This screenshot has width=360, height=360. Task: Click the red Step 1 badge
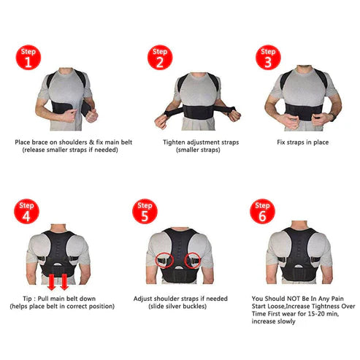pyautogui.click(x=28, y=58)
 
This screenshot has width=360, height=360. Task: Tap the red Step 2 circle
pyautogui.click(x=160, y=58)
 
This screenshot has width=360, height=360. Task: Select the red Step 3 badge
pyautogui.click(x=268, y=58)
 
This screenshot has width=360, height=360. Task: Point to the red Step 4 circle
pyautogui.click(x=26, y=211)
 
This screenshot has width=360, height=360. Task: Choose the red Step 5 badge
pyautogui.click(x=145, y=211)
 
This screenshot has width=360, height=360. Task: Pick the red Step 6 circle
pyautogui.click(x=262, y=211)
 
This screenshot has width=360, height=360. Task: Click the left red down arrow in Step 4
pyautogui.click(x=51, y=282)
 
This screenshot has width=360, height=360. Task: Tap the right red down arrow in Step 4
pyautogui.click(x=64, y=282)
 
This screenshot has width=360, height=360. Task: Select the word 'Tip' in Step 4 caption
pyautogui.click(x=27, y=299)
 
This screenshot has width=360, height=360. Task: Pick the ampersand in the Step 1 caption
pyautogui.click(x=91, y=142)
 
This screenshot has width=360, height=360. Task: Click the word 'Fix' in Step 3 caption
pyautogui.click(x=281, y=142)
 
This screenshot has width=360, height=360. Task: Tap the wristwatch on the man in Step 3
pyautogui.click(x=333, y=117)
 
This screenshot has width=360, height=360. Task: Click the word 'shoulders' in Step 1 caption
pyautogui.click(x=73, y=142)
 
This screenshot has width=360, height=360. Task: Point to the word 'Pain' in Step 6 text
pyautogui.click(x=337, y=299)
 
